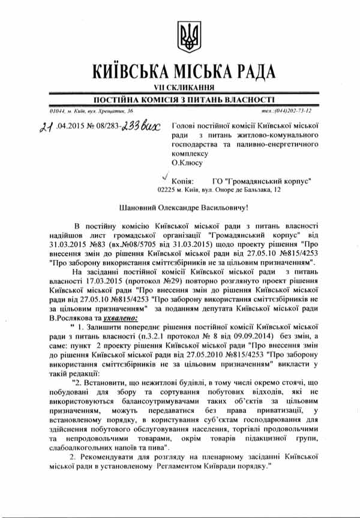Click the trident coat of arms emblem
coord(188,36)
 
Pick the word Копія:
coord(182,180)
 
